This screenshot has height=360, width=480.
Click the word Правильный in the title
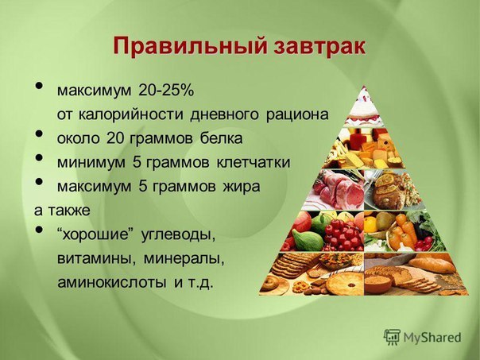[188, 47]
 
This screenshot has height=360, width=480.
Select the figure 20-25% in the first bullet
[166, 91]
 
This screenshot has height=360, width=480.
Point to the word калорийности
[131, 114]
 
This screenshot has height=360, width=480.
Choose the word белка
[222, 138]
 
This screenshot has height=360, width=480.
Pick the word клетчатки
[254, 162]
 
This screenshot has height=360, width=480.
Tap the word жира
[242, 187]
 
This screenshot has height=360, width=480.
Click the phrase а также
[62, 211]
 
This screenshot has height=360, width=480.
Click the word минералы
[184, 259]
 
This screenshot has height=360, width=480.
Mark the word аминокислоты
[112, 282]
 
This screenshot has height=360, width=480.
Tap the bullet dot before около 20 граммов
[39, 134]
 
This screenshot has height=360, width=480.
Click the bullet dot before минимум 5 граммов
[39, 157]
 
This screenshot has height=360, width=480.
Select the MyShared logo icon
[392, 337]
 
